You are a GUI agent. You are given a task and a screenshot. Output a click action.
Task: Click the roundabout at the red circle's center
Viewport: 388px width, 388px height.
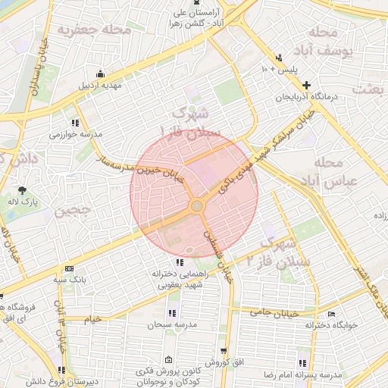[196, 205]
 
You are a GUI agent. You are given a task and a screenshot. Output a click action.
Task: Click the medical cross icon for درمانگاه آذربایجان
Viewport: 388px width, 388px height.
[305, 85]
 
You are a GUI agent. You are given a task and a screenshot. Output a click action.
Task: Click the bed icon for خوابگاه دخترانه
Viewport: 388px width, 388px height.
[330, 314]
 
